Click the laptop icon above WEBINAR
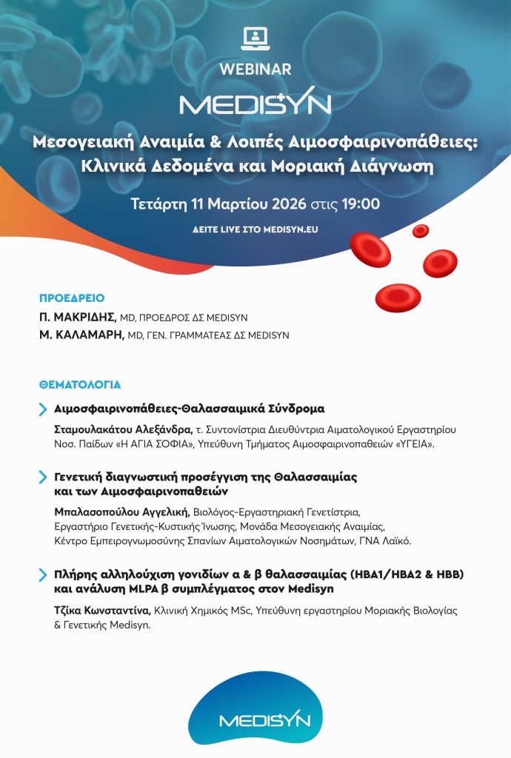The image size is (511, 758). click(255, 37)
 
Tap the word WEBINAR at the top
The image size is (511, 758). click(255, 69)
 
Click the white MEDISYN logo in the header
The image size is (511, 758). click(255, 104)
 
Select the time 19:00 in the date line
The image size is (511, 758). click(360, 204)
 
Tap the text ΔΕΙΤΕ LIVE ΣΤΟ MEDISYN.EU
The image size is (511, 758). click(255, 229)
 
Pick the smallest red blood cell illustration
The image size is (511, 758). click(421, 231)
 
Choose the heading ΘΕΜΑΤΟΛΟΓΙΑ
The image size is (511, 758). click(80, 385)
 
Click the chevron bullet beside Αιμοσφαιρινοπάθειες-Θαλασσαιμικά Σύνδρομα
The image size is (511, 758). click(43, 409)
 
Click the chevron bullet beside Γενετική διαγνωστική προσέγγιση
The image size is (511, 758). click(43, 477)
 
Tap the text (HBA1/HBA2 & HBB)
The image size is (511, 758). click(392, 574)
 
